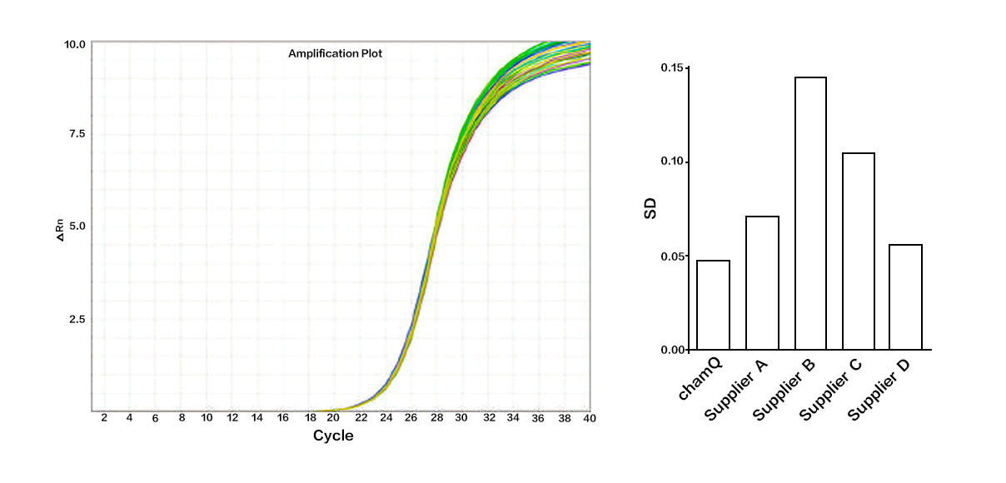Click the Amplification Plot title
[335, 53]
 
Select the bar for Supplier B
[810, 213]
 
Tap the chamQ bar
[713, 305]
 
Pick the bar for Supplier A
[762, 282]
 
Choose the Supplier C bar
[859, 251]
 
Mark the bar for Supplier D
[906, 296]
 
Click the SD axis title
[650, 208]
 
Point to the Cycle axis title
[333, 436]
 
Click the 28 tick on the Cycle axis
[436, 416]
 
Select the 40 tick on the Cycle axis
[589, 416]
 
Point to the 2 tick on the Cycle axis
[104, 416]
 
